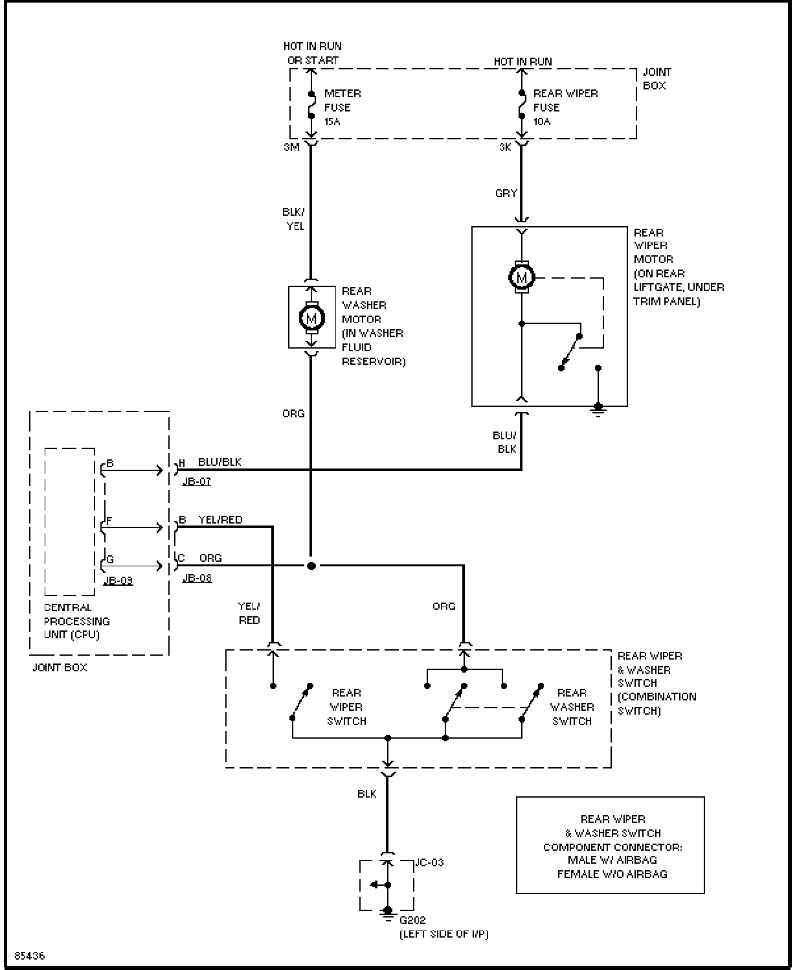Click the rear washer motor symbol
click(x=311, y=318)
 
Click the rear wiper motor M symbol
click(x=522, y=277)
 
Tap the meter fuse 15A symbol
click(x=311, y=104)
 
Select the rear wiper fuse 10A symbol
click(x=522, y=104)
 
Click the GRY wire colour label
click(x=506, y=193)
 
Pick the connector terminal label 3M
click(x=291, y=147)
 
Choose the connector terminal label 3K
click(x=504, y=147)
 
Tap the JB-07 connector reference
click(x=197, y=481)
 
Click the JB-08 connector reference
click(x=197, y=578)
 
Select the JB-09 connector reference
click(x=118, y=581)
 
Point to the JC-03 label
click(x=429, y=862)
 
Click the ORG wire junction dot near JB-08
click(x=311, y=566)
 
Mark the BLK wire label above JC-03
click(x=367, y=794)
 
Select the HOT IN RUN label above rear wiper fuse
click(x=522, y=62)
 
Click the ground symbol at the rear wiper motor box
click(x=598, y=410)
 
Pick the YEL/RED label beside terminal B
click(x=220, y=520)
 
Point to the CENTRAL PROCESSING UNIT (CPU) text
click(x=77, y=621)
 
